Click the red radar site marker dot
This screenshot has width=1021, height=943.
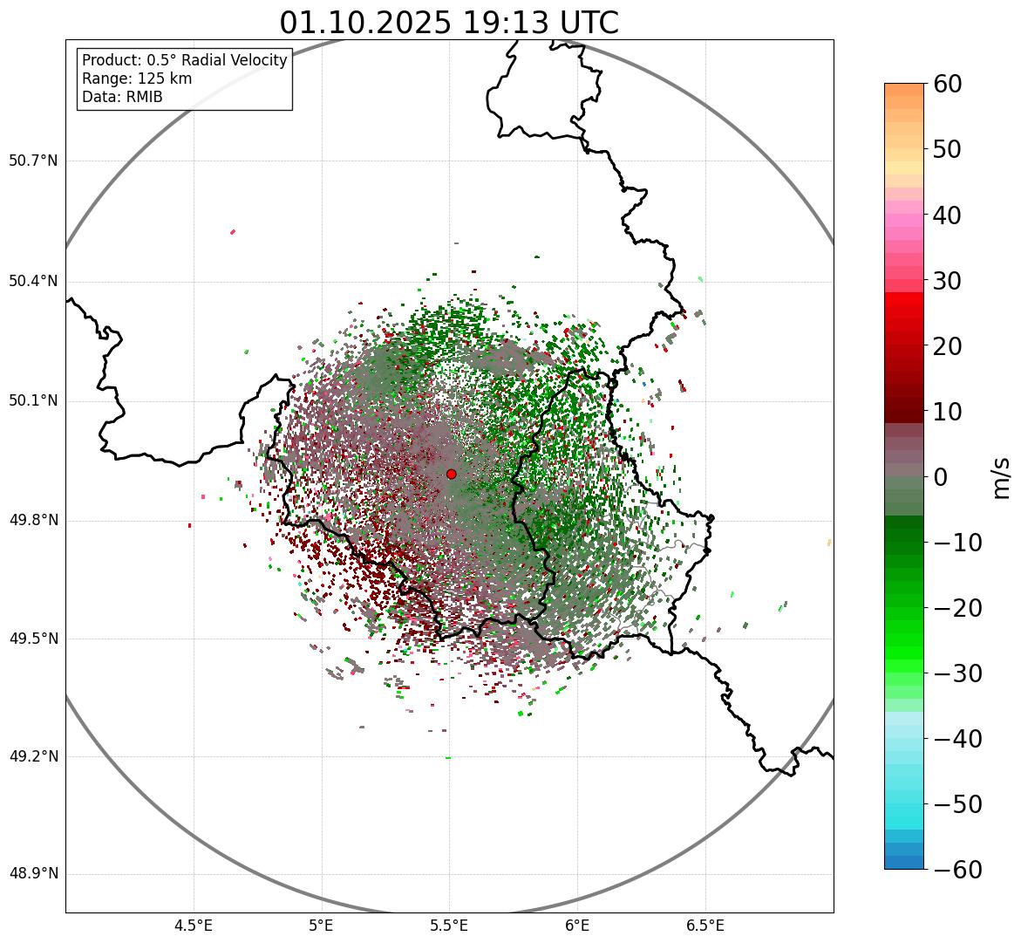pyautogui.click(x=451, y=474)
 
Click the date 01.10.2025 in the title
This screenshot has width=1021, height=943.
pyautogui.click(x=365, y=23)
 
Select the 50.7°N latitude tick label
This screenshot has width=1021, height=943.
pyautogui.click(x=33, y=161)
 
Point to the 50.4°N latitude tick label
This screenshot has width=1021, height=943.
pyautogui.click(x=33, y=281)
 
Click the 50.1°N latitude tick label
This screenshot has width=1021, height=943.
pyautogui.click(x=33, y=401)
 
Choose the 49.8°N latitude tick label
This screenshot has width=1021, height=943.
pyautogui.click(x=33, y=520)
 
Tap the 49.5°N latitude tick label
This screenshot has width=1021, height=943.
pyautogui.click(x=33, y=639)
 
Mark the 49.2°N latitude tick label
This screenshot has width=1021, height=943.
pyautogui.click(x=33, y=756)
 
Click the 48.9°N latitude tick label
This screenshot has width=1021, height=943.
pyautogui.click(x=33, y=874)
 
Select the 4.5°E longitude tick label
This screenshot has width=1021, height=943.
pyautogui.click(x=194, y=926)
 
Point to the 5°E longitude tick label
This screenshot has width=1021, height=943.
pyautogui.click(x=322, y=926)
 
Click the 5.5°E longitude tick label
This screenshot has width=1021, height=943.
pyautogui.click(x=449, y=926)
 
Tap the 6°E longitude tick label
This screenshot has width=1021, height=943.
pyautogui.click(x=577, y=926)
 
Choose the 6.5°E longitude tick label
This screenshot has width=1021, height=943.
pyautogui.click(x=704, y=926)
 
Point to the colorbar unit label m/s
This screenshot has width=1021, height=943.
pyautogui.click(x=1002, y=476)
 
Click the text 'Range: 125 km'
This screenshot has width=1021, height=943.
pyautogui.click(x=137, y=79)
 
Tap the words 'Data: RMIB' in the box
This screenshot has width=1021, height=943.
pyautogui.click(x=122, y=97)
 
